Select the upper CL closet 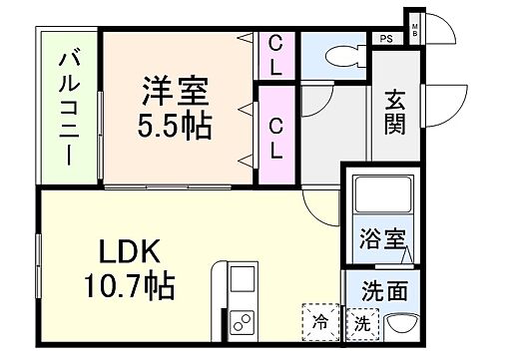click(x=275, y=55)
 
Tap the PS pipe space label click(x=384, y=40)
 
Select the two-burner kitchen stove click(x=242, y=322)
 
